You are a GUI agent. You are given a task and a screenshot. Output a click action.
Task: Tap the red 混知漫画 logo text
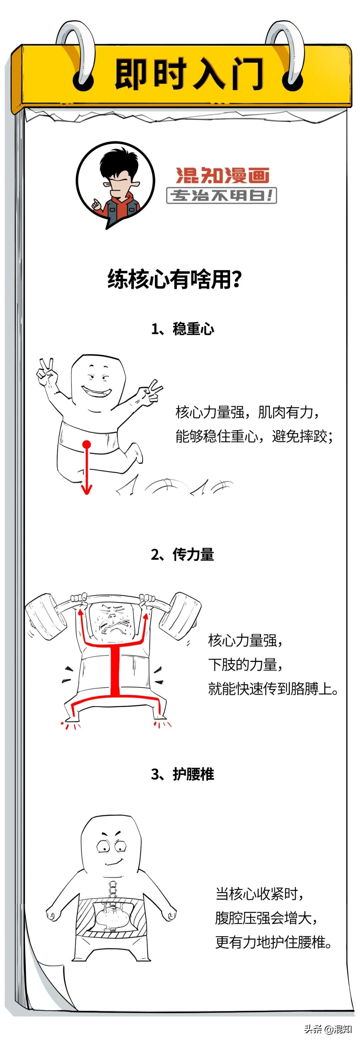pyautogui.click(x=222, y=175)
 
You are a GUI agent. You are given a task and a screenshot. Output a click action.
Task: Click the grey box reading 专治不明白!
pyautogui.click(x=222, y=196)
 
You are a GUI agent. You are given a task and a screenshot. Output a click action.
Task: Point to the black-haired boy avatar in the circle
pyautogui.click(x=116, y=184)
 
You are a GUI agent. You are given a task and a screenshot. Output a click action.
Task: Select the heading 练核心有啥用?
pyautogui.click(x=175, y=279)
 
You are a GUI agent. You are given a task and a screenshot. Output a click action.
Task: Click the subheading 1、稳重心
pyautogui.click(x=182, y=329)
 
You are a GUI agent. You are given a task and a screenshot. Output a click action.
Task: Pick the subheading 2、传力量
pyautogui.click(x=182, y=555)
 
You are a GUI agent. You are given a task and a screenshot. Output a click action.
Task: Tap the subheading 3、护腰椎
pyautogui.click(x=182, y=774)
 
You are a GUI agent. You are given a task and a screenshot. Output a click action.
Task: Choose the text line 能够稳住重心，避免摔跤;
pyautogui.click(x=254, y=436)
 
